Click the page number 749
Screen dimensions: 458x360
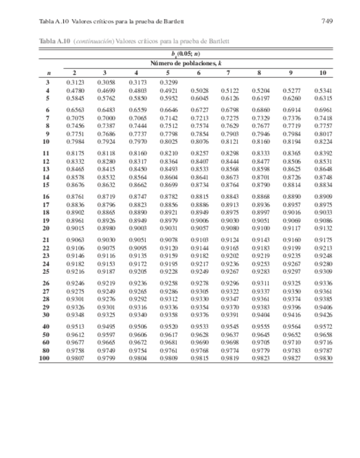(x=326, y=22)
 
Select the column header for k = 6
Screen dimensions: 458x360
(x=199, y=73)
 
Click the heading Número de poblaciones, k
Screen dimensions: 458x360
(x=186, y=63)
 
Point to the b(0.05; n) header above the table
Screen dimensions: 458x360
(x=186, y=54)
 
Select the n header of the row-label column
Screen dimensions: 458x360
(x=48, y=73)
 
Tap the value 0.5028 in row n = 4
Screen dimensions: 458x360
(x=199, y=91)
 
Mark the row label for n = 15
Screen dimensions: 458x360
(x=46, y=185)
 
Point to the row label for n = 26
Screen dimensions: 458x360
(x=46, y=283)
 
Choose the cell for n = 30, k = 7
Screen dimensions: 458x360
(x=230, y=315)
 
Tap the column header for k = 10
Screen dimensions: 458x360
(x=323, y=73)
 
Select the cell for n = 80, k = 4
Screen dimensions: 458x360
(x=137, y=350)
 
